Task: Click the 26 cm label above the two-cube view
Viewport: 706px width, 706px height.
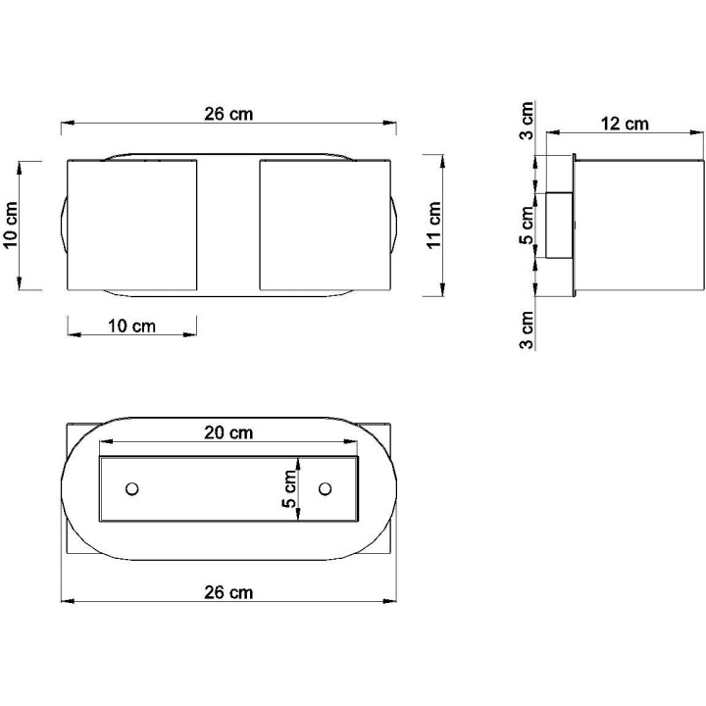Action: click(228, 114)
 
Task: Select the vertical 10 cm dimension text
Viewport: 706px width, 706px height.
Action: click(11, 226)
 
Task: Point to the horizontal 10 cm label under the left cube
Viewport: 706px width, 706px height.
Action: click(131, 327)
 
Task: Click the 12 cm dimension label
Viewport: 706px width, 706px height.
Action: click(625, 124)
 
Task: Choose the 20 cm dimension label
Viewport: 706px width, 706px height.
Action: click(228, 432)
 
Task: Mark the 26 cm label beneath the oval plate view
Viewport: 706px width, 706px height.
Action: click(228, 592)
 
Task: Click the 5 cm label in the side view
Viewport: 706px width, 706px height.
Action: click(528, 226)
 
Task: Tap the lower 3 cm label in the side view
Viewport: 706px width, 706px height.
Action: click(528, 329)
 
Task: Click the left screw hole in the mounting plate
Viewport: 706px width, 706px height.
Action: click(132, 487)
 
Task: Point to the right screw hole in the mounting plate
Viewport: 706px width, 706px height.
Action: click(326, 487)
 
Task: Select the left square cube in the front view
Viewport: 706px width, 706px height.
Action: click(131, 226)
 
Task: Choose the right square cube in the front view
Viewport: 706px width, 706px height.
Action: click(325, 226)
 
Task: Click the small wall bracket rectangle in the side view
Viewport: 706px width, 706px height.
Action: click(559, 226)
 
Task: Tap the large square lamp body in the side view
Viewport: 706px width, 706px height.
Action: click(637, 226)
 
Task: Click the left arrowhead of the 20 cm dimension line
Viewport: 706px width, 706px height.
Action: click(105, 442)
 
